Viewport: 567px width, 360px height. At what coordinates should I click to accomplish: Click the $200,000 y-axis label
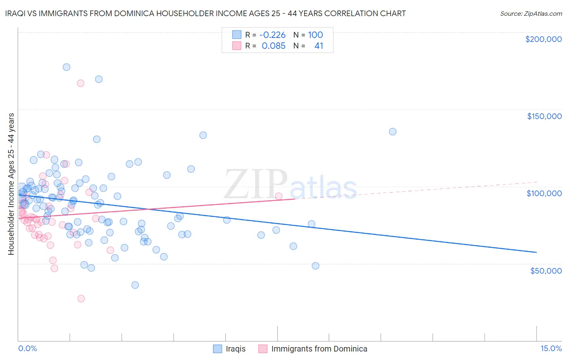click(544, 39)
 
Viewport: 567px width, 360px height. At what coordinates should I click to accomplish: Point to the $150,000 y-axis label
click(544, 116)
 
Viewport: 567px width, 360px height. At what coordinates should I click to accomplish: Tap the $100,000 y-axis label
click(544, 194)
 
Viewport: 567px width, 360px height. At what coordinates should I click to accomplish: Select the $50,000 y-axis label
click(546, 271)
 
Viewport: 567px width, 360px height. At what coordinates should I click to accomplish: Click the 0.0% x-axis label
click(27, 349)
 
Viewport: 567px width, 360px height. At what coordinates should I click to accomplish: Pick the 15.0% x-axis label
click(551, 349)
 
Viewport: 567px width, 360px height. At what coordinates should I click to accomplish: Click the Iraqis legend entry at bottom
click(229, 349)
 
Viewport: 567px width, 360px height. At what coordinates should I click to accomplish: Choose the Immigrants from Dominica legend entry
click(313, 349)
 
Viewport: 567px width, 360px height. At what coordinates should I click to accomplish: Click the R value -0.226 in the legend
click(272, 35)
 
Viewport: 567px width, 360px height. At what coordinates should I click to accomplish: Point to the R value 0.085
click(273, 46)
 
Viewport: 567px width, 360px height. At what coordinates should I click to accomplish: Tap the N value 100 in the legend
click(315, 35)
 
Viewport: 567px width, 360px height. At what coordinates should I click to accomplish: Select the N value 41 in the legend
click(319, 46)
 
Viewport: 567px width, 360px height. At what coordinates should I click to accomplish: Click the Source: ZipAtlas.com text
click(531, 14)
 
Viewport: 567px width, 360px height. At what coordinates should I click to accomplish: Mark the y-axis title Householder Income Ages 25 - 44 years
click(11, 184)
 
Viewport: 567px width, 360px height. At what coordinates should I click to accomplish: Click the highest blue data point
click(67, 67)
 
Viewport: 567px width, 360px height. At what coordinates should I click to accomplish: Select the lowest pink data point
click(81, 299)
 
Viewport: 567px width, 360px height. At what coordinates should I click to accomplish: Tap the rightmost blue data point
click(393, 132)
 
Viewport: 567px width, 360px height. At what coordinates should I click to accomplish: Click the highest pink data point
click(81, 84)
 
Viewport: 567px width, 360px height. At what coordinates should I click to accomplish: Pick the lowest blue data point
click(135, 285)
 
